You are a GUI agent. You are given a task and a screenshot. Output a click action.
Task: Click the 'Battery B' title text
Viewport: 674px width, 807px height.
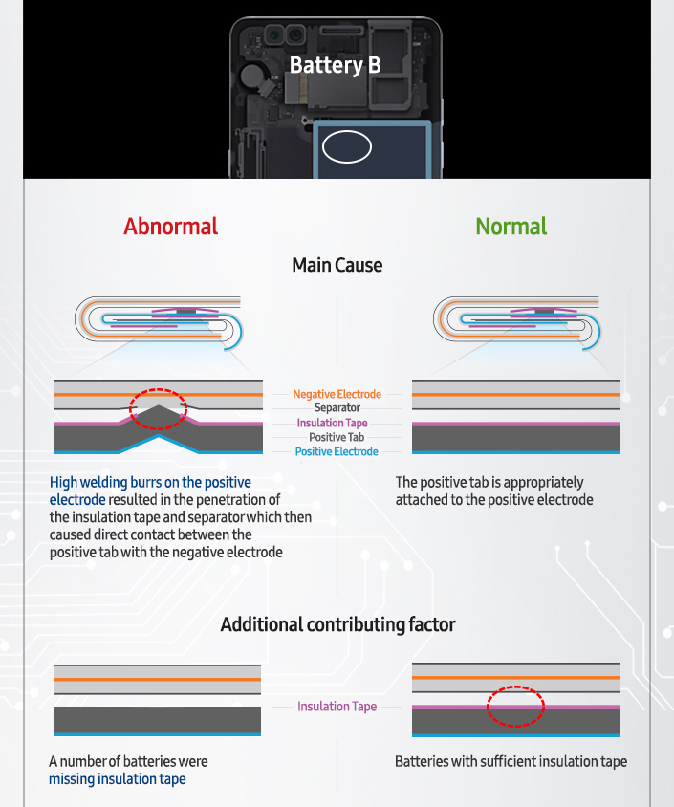[335, 65]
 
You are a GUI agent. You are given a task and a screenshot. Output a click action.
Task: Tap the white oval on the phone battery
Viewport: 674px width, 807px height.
[347, 147]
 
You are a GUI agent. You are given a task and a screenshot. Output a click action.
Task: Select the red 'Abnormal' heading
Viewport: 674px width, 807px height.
[170, 227]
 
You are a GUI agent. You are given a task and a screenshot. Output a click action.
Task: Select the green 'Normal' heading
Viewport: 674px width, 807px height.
[511, 227]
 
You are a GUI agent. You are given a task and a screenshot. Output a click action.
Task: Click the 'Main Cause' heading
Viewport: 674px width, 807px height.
[337, 265]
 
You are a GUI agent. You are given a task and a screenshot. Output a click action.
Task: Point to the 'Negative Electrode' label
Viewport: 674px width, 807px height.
[337, 394]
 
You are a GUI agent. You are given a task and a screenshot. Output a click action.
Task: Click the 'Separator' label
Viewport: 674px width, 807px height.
[337, 408]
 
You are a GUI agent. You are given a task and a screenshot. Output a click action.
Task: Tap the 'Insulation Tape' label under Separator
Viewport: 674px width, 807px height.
[332, 423]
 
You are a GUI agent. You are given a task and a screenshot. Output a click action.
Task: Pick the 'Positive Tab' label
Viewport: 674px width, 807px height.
[337, 437]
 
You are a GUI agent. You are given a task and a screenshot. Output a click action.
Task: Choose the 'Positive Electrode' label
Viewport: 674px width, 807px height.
[337, 451]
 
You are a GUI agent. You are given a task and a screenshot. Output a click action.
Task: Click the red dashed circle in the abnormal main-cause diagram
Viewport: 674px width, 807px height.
[157, 408]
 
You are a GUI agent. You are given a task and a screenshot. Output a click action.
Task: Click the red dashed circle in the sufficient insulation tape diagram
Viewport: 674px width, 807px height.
[515, 707]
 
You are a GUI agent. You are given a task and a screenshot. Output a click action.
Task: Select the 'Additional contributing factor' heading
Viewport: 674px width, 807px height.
[337, 624]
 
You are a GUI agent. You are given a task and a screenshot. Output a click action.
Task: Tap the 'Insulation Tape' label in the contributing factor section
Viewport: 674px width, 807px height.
[337, 707]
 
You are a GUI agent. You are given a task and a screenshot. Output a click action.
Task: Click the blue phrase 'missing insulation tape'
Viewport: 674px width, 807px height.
[117, 779]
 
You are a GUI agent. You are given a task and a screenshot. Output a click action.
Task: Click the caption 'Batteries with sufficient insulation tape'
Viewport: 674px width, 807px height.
[511, 762]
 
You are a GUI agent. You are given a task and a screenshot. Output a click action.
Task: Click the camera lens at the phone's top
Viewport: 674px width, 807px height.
[275, 36]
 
